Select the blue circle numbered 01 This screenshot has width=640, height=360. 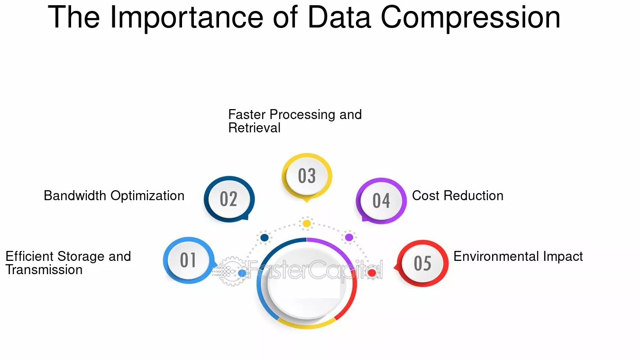click(x=189, y=260)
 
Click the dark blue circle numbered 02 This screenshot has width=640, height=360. click(x=229, y=199)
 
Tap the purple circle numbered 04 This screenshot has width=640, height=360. click(x=381, y=201)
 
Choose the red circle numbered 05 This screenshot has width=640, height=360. click(x=422, y=263)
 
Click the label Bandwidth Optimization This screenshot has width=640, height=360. click(x=114, y=196)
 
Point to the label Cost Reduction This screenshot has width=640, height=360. click(x=457, y=196)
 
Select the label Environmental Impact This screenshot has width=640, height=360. click(x=518, y=257)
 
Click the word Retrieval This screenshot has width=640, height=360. click(x=254, y=128)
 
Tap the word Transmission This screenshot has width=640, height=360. click(x=44, y=269)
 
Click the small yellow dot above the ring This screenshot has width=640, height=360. click(x=307, y=223)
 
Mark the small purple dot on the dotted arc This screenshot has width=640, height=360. click(x=349, y=237)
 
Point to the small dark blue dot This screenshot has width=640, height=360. click(x=265, y=238)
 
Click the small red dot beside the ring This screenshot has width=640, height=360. click(x=372, y=273)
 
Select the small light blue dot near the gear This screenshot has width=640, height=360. click(x=242, y=273)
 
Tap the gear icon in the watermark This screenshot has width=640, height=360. click(x=232, y=271)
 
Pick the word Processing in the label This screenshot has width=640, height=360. click(x=302, y=115)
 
